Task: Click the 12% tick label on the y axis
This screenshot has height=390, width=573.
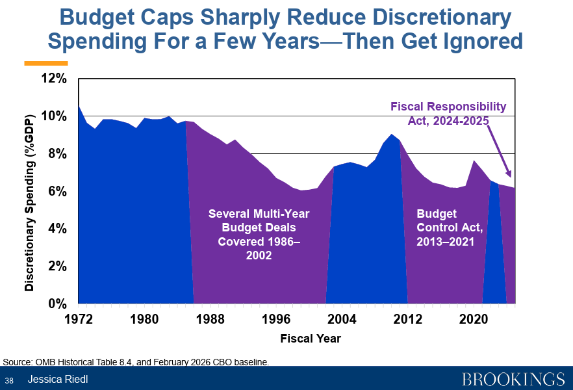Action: pyautogui.click(x=55, y=79)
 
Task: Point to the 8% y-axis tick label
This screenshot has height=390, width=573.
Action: pyautogui.click(x=57, y=154)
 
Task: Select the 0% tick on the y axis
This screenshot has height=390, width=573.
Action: pyautogui.click(x=57, y=304)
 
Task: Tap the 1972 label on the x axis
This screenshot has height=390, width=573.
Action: pyautogui.click(x=78, y=319)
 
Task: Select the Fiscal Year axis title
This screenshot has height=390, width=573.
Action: pyautogui.click(x=311, y=339)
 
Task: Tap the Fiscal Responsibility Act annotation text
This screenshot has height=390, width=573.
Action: pyautogui.click(x=448, y=114)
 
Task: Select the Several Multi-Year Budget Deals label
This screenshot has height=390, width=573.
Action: pyautogui.click(x=259, y=235)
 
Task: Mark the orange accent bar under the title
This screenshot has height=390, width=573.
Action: pyautogui.click(x=45, y=63)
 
